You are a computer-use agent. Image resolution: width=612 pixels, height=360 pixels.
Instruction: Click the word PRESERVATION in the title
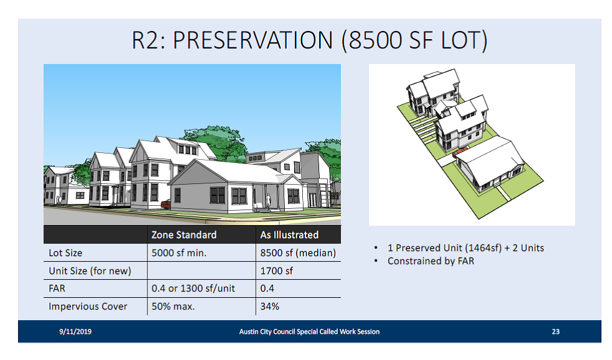(x=253, y=40)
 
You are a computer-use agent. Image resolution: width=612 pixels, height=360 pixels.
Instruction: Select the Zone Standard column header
(x=184, y=235)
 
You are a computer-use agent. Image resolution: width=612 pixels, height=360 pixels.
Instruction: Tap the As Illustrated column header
(x=289, y=235)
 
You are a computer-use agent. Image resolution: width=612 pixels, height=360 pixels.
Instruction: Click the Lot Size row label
(x=65, y=252)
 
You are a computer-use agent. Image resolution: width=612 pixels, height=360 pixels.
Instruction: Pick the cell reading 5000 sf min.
(x=178, y=252)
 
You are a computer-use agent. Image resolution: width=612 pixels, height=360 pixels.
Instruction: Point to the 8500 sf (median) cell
(x=298, y=252)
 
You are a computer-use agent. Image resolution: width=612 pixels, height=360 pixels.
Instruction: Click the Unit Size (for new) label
(x=90, y=270)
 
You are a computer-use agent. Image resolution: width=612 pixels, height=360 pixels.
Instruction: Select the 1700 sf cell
(x=276, y=270)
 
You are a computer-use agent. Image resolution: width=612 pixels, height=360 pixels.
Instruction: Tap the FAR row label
(x=57, y=288)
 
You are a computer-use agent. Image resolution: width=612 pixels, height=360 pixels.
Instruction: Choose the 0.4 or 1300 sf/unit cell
(x=193, y=288)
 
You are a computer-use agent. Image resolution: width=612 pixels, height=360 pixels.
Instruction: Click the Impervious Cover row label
(x=88, y=306)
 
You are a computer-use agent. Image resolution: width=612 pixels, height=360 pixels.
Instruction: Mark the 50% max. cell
(x=173, y=306)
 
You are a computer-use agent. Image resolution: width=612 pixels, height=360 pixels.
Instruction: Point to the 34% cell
(x=270, y=306)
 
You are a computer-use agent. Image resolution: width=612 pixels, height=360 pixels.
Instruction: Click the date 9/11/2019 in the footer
(x=75, y=331)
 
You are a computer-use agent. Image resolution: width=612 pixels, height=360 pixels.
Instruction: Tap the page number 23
(x=556, y=331)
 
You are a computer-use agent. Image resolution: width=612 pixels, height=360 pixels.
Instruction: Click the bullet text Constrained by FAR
(x=430, y=261)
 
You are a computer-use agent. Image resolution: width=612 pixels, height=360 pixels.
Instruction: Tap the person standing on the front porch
(x=268, y=201)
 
